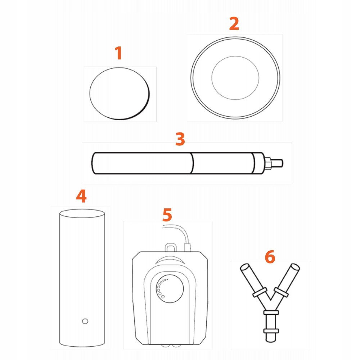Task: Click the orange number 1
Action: tap(118, 53)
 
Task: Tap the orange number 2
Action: tap(234, 24)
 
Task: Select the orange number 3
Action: tap(180, 139)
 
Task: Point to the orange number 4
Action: tap(81, 196)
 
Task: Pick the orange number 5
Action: tap(167, 215)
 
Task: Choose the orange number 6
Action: tap(270, 257)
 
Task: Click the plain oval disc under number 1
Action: tap(120, 94)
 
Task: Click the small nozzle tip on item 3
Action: tap(279, 163)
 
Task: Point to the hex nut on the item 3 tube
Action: tap(268, 163)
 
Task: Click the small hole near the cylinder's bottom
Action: tap(85, 321)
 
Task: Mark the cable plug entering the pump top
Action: tap(188, 248)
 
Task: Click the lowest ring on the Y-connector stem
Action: tap(271, 331)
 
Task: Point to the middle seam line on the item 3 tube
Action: tap(192, 163)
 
